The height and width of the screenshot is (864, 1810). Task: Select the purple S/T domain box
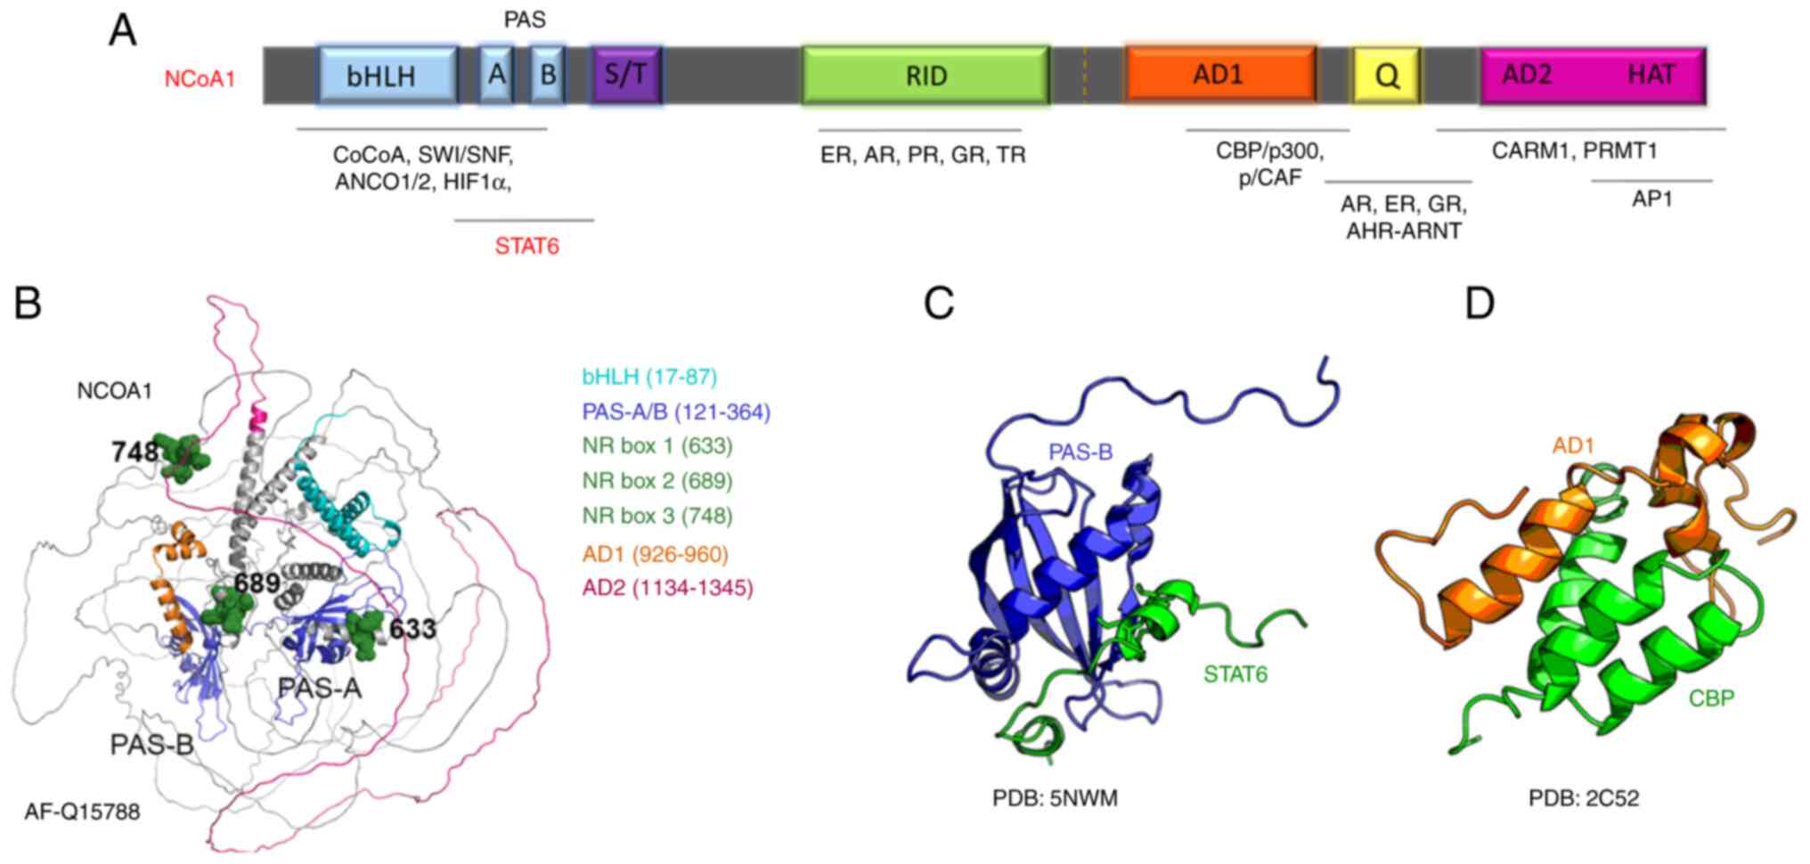point(626,75)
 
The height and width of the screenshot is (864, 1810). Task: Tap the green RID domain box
point(925,76)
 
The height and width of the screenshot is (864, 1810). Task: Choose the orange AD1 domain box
point(1219,75)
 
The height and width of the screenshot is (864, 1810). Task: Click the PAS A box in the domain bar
point(496,75)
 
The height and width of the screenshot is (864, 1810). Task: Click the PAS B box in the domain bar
point(547,75)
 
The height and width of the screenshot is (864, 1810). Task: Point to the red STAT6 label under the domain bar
point(527,246)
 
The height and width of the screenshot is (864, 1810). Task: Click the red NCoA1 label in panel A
point(200,79)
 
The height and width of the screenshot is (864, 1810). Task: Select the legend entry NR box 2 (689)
point(657,481)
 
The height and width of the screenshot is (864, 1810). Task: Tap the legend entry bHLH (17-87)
point(649,377)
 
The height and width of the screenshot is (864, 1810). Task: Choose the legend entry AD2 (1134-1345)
point(668,588)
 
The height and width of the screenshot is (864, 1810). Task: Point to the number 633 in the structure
point(412,630)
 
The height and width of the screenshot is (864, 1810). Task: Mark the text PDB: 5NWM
point(1055,798)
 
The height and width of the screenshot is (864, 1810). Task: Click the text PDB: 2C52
point(1584,798)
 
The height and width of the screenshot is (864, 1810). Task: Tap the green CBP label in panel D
point(1711,698)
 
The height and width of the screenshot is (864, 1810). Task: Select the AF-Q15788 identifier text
point(82,812)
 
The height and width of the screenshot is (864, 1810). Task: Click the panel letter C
point(939,305)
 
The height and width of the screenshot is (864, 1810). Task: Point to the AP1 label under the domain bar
point(1651,200)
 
